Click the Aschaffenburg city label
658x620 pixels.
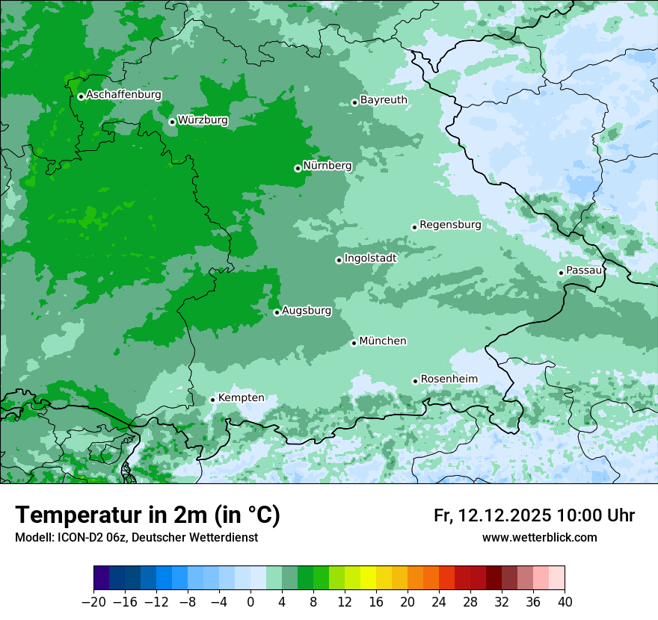click(x=123, y=95)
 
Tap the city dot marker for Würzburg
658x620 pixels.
click(x=172, y=122)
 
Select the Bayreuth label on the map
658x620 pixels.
click(x=384, y=99)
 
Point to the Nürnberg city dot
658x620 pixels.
click(x=298, y=168)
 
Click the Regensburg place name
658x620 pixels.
click(x=450, y=224)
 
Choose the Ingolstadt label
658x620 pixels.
click(x=370, y=258)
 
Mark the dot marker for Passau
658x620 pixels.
click(x=561, y=273)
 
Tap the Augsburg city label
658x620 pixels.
click(x=307, y=310)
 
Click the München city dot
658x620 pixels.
click(x=354, y=343)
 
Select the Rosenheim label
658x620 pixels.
click(x=449, y=379)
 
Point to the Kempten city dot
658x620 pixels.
click(x=212, y=400)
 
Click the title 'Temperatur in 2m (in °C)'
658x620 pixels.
click(x=147, y=515)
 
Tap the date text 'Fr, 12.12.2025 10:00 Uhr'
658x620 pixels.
click(x=534, y=515)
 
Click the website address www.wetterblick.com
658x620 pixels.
click(x=539, y=537)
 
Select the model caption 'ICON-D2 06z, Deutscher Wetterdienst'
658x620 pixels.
click(x=136, y=537)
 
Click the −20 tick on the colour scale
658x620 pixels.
click(x=93, y=602)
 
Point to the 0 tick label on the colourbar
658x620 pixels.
click(x=250, y=602)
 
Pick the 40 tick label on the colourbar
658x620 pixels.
click(x=565, y=602)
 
